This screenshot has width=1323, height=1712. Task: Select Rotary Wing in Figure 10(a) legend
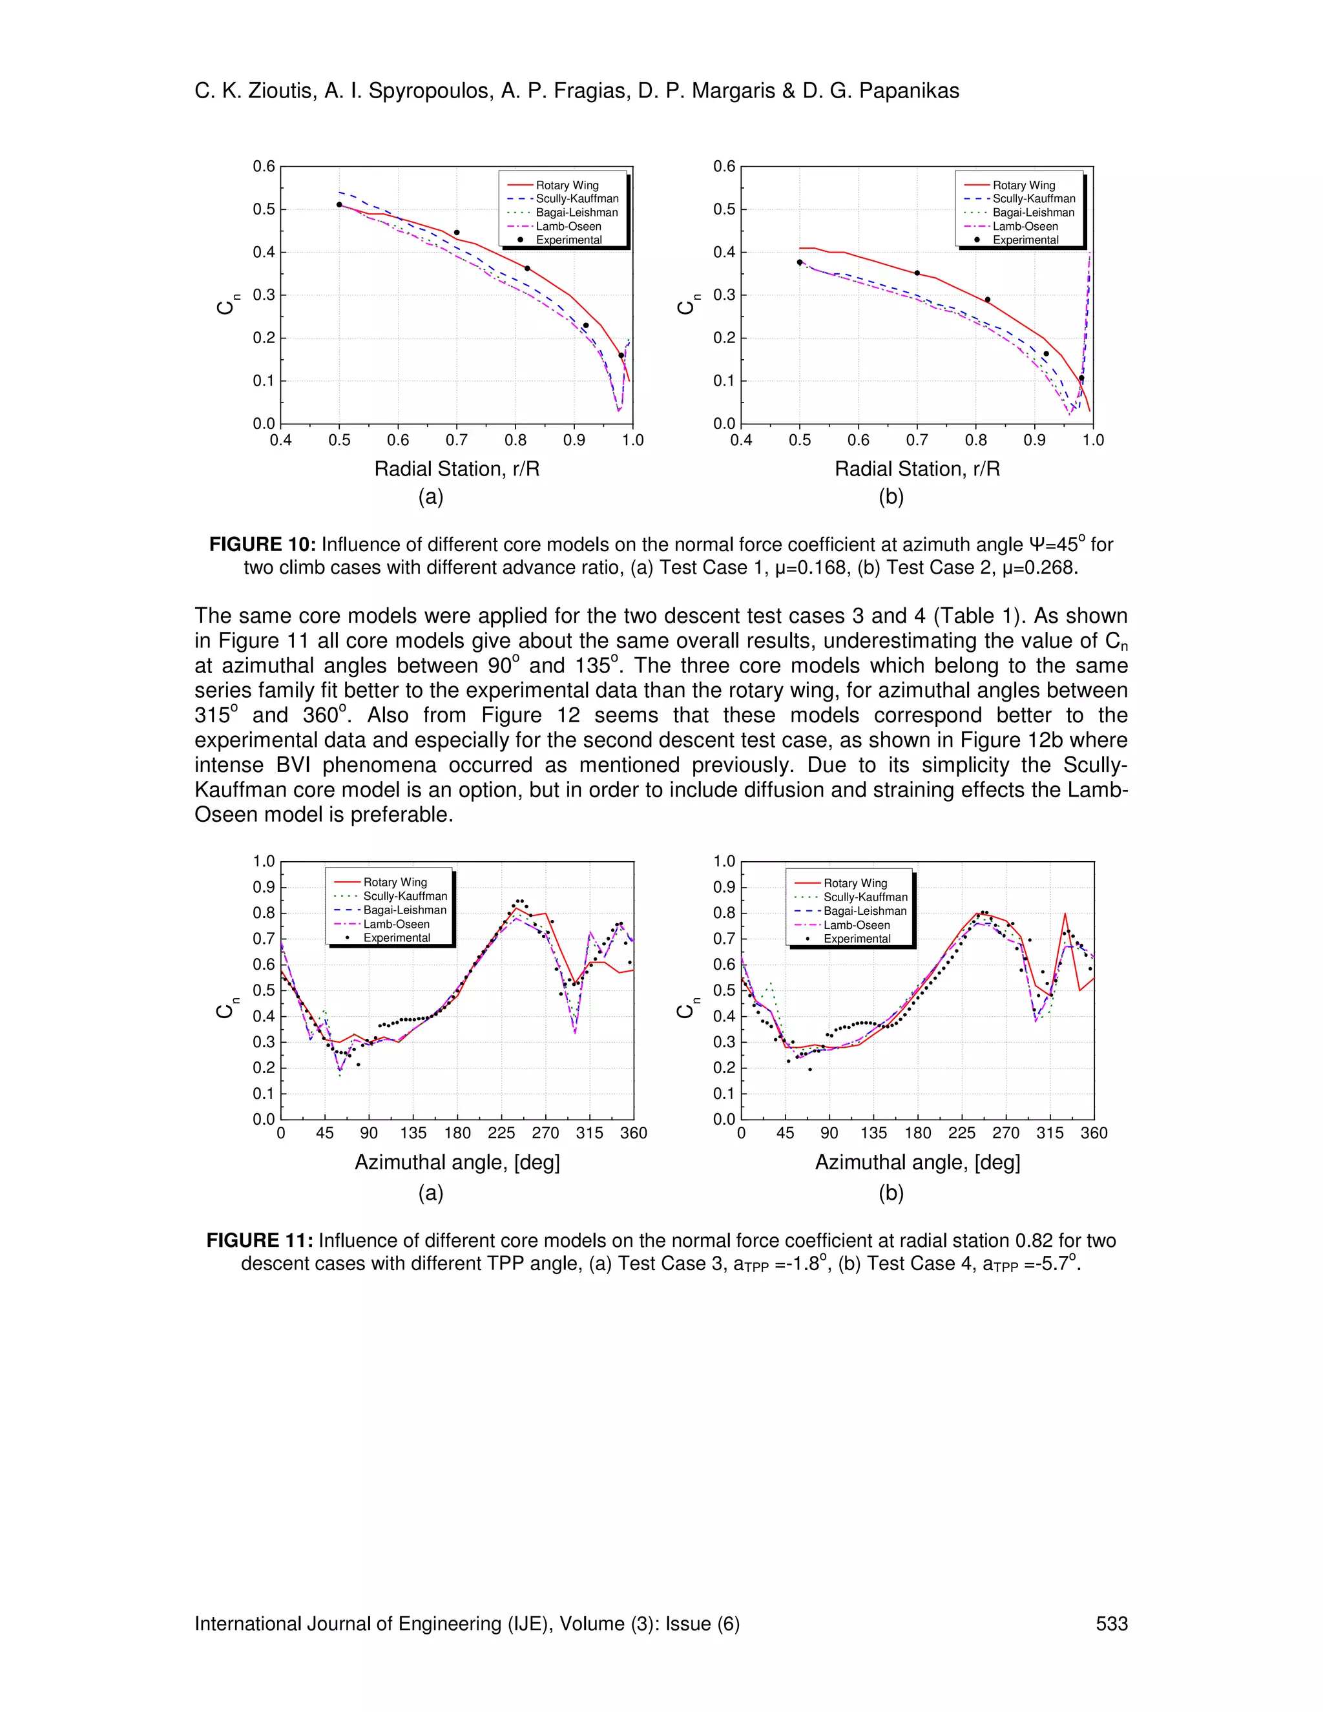click(x=567, y=185)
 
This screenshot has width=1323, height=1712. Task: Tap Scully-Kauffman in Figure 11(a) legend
click(x=405, y=896)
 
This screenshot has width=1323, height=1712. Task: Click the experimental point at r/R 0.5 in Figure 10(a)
click(x=339, y=205)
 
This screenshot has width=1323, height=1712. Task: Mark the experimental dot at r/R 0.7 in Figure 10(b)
click(x=917, y=273)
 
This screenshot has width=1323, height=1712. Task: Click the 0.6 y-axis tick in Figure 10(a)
click(x=264, y=166)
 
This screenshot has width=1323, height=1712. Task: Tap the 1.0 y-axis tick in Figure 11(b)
click(x=724, y=861)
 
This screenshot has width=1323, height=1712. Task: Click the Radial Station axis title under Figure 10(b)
click(x=917, y=469)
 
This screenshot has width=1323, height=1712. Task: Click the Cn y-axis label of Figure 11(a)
click(x=225, y=1010)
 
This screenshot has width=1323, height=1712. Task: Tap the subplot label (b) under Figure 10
click(x=891, y=497)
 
